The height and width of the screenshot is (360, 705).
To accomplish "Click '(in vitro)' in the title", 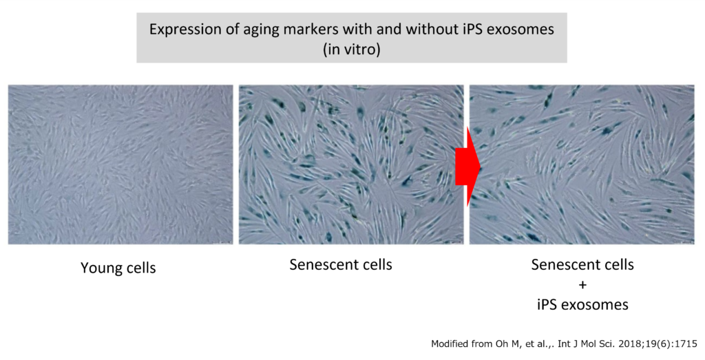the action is point(352,49).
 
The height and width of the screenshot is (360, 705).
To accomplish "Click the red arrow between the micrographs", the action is point(467,167).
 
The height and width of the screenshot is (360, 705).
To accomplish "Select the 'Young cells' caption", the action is point(118,268).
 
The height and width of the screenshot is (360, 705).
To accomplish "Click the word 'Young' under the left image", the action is point(99,268).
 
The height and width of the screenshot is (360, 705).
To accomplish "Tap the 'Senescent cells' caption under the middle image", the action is point(341,264).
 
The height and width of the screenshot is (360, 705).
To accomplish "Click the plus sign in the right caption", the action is point(582,285).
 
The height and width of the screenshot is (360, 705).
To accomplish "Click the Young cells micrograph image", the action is point(120,165).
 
